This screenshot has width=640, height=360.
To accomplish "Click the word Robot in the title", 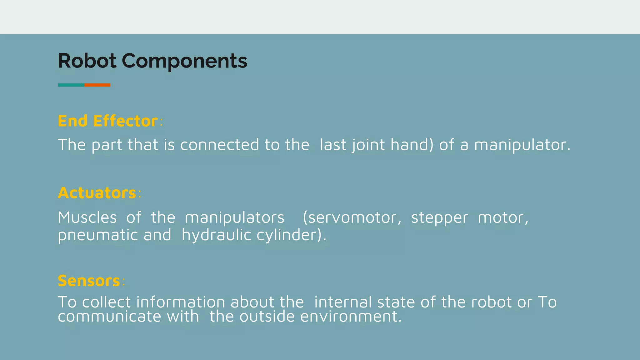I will tap(87, 61).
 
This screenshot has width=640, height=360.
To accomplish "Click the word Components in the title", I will tap(184, 61).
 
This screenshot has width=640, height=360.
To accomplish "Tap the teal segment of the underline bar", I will tap(71, 85).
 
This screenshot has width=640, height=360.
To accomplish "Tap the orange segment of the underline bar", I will tap(97, 85).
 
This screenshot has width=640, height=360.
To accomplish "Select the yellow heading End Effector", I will tap(107, 121).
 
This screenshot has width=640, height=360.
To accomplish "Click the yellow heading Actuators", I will tap(97, 193).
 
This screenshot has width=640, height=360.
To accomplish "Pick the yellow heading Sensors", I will tap(89, 281).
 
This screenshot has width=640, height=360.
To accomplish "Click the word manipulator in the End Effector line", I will tap(522, 145).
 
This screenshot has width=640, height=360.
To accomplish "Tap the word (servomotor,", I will tap(352, 218).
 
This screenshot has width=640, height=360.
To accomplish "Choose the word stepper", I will tap(439, 218).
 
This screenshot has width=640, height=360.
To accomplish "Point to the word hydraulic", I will tap(216, 235).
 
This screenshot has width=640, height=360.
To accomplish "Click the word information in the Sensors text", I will tap(181, 302).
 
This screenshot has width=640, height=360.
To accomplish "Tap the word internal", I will tap(343, 302).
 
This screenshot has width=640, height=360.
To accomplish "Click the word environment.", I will tap(351, 317).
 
